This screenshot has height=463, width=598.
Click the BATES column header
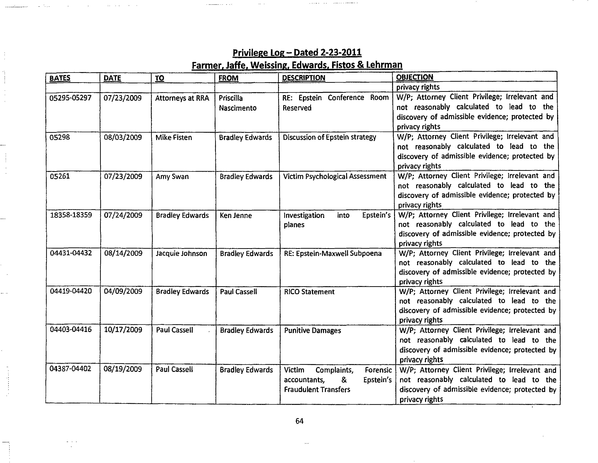pyautogui.click(x=60, y=78)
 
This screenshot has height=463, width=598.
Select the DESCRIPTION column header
pyautogui.click(x=303, y=78)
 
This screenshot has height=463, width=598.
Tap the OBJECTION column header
pyautogui.click(x=415, y=77)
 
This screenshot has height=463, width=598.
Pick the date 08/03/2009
pyautogui.click(x=123, y=137)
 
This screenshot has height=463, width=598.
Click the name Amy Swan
pyautogui.click(x=172, y=177)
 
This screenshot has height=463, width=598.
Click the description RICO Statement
pyautogui.click(x=309, y=292)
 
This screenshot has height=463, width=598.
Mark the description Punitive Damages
pyautogui.click(x=312, y=331)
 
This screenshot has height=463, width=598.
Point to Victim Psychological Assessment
pyautogui.click(x=335, y=176)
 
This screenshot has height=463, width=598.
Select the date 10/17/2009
pyautogui.click(x=123, y=330)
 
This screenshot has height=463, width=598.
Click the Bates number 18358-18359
pyautogui.click(x=71, y=215)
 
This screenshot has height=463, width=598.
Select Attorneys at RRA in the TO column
pyautogui.click(x=182, y=98)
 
